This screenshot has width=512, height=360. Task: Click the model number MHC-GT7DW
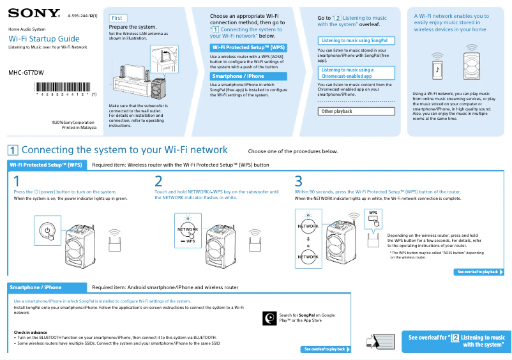coord(26,73)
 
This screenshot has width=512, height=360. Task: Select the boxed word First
coord(117,18)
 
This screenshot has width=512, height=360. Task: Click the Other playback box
coord(356,111)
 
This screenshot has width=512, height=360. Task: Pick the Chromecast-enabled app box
coord(356,73)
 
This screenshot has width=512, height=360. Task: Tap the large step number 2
coord(159,181)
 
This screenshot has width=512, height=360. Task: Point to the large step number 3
coord(298,181)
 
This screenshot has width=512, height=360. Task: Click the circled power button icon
coord(47,230)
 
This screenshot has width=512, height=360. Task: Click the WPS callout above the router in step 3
coord(374,216)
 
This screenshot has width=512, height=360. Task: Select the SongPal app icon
coord(270,317)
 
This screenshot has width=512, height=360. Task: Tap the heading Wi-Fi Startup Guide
coord(43,39)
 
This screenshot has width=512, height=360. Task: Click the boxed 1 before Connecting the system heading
coord(13,150)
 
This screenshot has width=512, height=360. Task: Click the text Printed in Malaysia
coord(79,127)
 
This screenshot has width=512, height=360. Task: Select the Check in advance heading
coord(31,332)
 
